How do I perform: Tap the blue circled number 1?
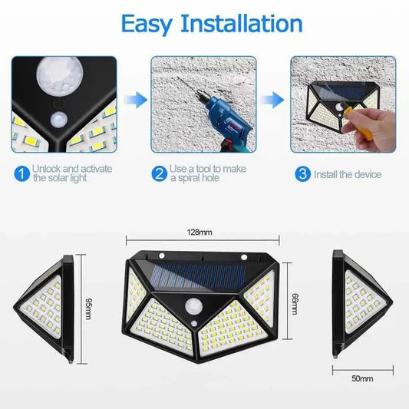click(21, 174)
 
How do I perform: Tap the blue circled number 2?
click(159, 174)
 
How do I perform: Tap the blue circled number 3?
click(303, 174)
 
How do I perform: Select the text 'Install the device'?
click(347, 174)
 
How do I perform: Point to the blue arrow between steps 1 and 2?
click(137, 99)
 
